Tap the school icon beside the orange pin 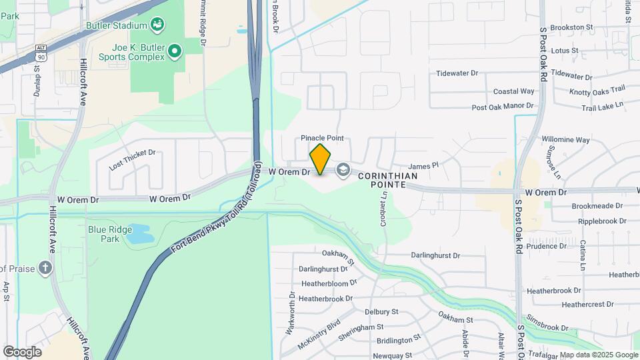(343, 171)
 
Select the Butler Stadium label (116, 25)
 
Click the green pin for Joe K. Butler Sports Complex (175, 51)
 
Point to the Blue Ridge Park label (104, 233)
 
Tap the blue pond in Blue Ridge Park (140, 233)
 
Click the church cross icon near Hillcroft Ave (45, 268)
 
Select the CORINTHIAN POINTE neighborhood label (388, 180)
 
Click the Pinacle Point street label (322, 138)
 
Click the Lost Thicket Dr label (132, 159)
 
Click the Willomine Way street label (565, 140)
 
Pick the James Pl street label (423, 165)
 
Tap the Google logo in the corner (22, 351)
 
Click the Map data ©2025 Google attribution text (598, 355)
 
